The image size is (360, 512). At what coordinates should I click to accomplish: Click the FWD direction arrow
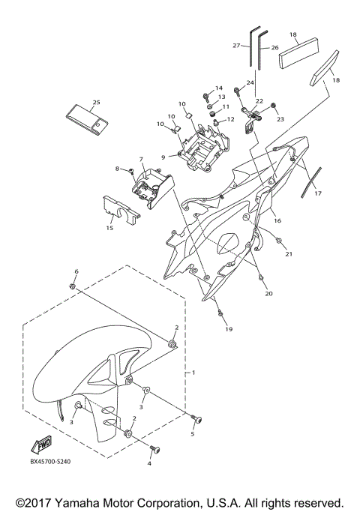point(41,445)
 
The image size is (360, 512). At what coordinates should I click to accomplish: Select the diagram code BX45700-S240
point(51,461)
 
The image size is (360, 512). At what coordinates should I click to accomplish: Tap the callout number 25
point(96,102)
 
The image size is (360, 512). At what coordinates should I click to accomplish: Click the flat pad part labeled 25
point(87,119)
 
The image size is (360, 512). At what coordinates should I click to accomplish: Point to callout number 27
point(236,46)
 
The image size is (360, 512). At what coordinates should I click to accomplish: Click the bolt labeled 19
point(220,313)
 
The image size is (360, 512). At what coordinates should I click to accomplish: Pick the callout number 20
point(268,294)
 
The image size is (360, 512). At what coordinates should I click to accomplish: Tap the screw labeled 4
point(155,450)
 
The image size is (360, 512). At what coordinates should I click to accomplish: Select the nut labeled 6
point(73,286)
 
